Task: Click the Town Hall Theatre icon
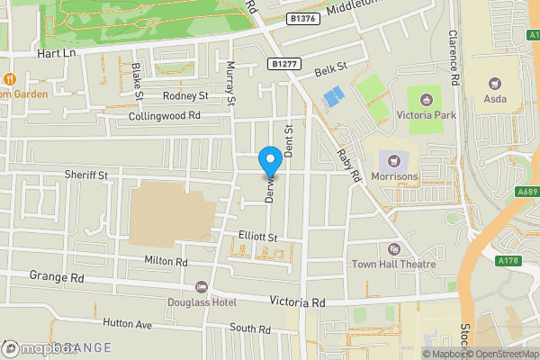[x=393, y=248]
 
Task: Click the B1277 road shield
[x=284, y=63]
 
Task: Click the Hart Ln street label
[x=54, y=53]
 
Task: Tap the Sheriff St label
[x=85, y=174]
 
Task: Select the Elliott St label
[x=256, y=236]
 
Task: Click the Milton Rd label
[x=166, y=261]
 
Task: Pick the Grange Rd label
[x=56, y=276]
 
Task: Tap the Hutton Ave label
[x=129, y=322]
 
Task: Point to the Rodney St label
[x=185, y=95]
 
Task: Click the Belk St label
[x=330, y=68]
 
